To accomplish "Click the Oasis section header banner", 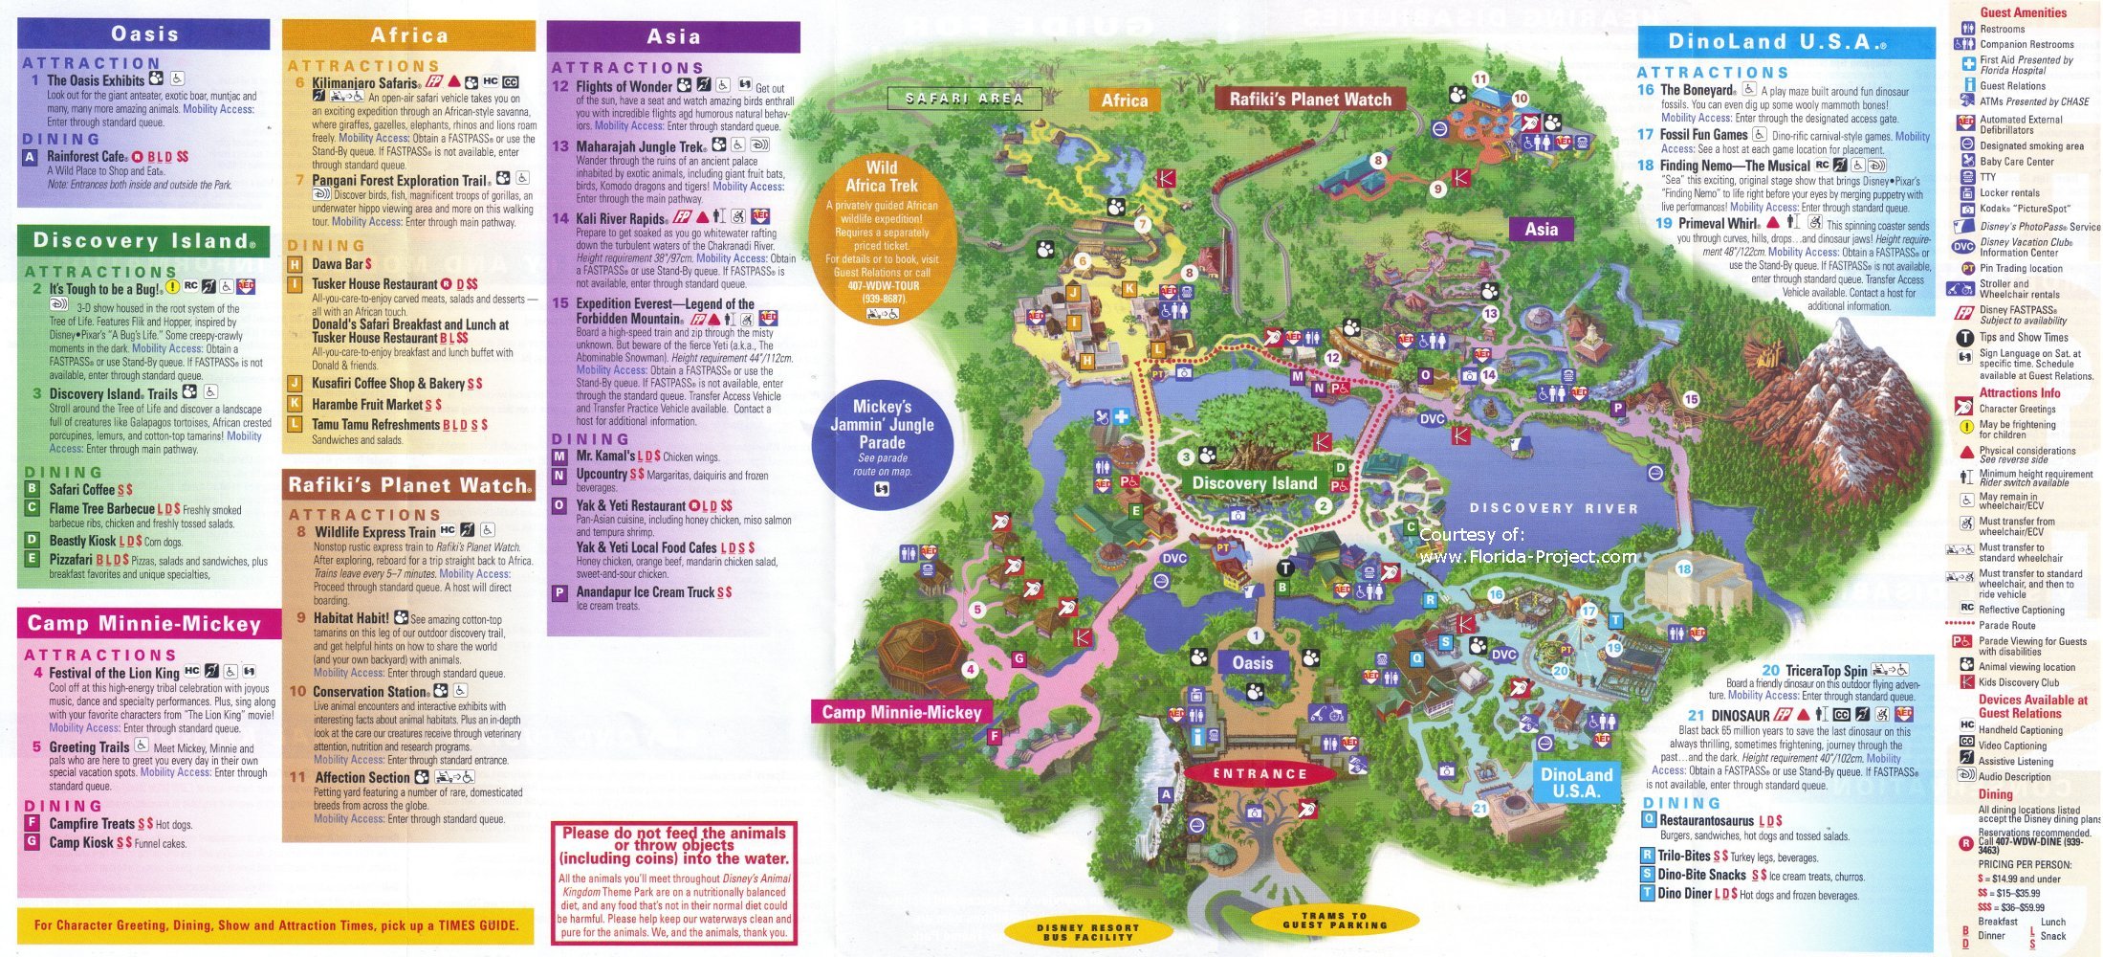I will (144, 34).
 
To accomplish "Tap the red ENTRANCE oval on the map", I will (1260, 774).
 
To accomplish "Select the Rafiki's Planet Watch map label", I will (1309, 100).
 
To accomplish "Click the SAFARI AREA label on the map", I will (964, 99).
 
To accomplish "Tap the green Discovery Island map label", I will (1254, 483).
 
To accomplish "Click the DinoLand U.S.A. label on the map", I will (1575, 783).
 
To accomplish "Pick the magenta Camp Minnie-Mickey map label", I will (901, 712).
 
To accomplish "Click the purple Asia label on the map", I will (1541, 230).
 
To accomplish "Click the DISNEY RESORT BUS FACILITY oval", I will (1087, 932).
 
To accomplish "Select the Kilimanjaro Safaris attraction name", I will (364, 83).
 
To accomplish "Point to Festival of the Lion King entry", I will (114, 673).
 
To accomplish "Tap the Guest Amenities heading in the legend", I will (2023, 12).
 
